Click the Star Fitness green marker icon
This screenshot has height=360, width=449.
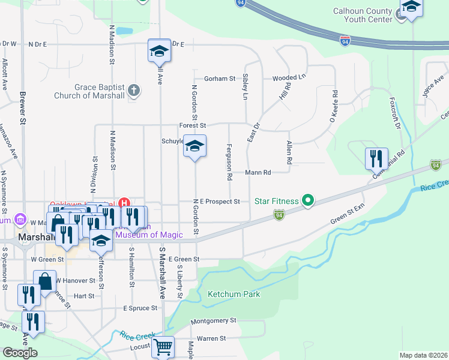coord(309,200)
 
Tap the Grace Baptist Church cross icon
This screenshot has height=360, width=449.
coord(134,91)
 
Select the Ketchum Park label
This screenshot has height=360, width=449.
coord(234,295)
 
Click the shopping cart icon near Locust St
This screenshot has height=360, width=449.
coord(163,347)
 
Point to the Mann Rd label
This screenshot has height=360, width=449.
coord(258,172)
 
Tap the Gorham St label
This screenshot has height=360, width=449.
coord(219,79)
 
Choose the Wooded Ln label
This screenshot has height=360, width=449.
coord(289,78)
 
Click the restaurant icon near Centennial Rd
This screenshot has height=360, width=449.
coord(376,158)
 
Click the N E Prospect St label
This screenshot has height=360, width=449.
coord(216,202)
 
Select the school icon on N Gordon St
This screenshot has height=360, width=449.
coord(194,146)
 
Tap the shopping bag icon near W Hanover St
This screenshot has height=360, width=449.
coord(45,280)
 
